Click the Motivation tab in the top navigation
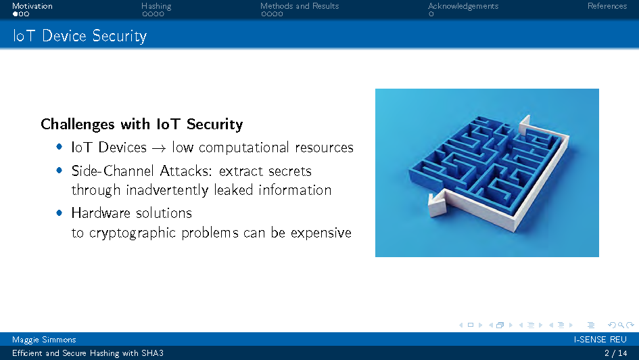click(x=32, y=6)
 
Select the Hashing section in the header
click(x=156, y=6)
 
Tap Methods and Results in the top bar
click(x=300, y=6)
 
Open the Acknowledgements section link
click(x=463, y=6)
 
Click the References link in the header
click(x=607, y=6)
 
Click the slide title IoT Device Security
click(x=80, y=36)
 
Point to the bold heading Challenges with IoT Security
click(x=142, y=124)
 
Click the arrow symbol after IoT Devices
click(x=159, y=148)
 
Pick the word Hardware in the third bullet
click(x=101, y=213)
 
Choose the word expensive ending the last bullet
click(x=321, y=233)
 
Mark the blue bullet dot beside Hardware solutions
click(x=60, y=213)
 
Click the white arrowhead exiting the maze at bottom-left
click(x=437, y=204)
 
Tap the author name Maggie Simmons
click(x=44, y=340)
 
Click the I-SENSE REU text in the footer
click(x=600, y=340)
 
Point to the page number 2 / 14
click(x=616, y=353)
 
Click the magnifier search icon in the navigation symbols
click(x=621, y=325)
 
